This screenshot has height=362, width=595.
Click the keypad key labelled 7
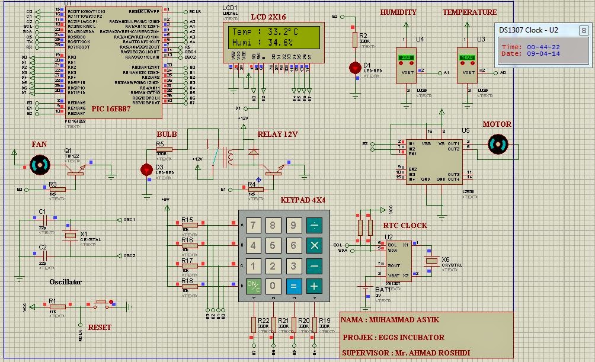click(253, 225)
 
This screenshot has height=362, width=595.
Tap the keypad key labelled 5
click(273, 245)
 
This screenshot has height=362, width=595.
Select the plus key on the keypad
click(314, 286)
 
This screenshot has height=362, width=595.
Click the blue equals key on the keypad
click(292, 286)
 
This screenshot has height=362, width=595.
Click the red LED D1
click(355, 68)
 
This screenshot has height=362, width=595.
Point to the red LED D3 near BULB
click(146, 170)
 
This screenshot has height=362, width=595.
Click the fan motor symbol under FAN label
click(40, 164)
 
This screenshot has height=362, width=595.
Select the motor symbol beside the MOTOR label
click(497, 144)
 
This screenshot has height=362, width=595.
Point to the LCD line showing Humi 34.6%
click(263, 43)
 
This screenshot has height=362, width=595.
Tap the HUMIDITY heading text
click(398, 12)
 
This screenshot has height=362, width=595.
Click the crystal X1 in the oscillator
click(71, 236)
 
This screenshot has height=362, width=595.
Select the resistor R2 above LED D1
click(355, 40)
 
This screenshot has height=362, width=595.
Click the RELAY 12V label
click(277, 134)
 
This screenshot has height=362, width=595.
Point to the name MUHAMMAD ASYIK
click(390, 320)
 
